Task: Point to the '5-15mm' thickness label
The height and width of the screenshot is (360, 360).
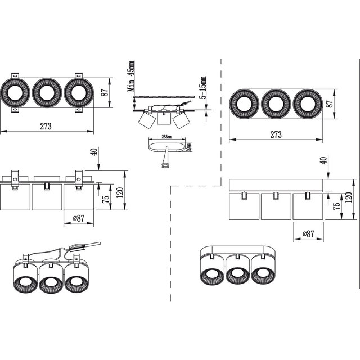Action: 202,88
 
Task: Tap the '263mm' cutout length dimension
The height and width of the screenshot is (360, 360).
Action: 165,137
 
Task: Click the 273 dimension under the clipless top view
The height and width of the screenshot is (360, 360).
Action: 276,134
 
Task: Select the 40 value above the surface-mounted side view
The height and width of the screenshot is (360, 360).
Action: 323,161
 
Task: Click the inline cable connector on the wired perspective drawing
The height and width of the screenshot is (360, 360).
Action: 78,246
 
